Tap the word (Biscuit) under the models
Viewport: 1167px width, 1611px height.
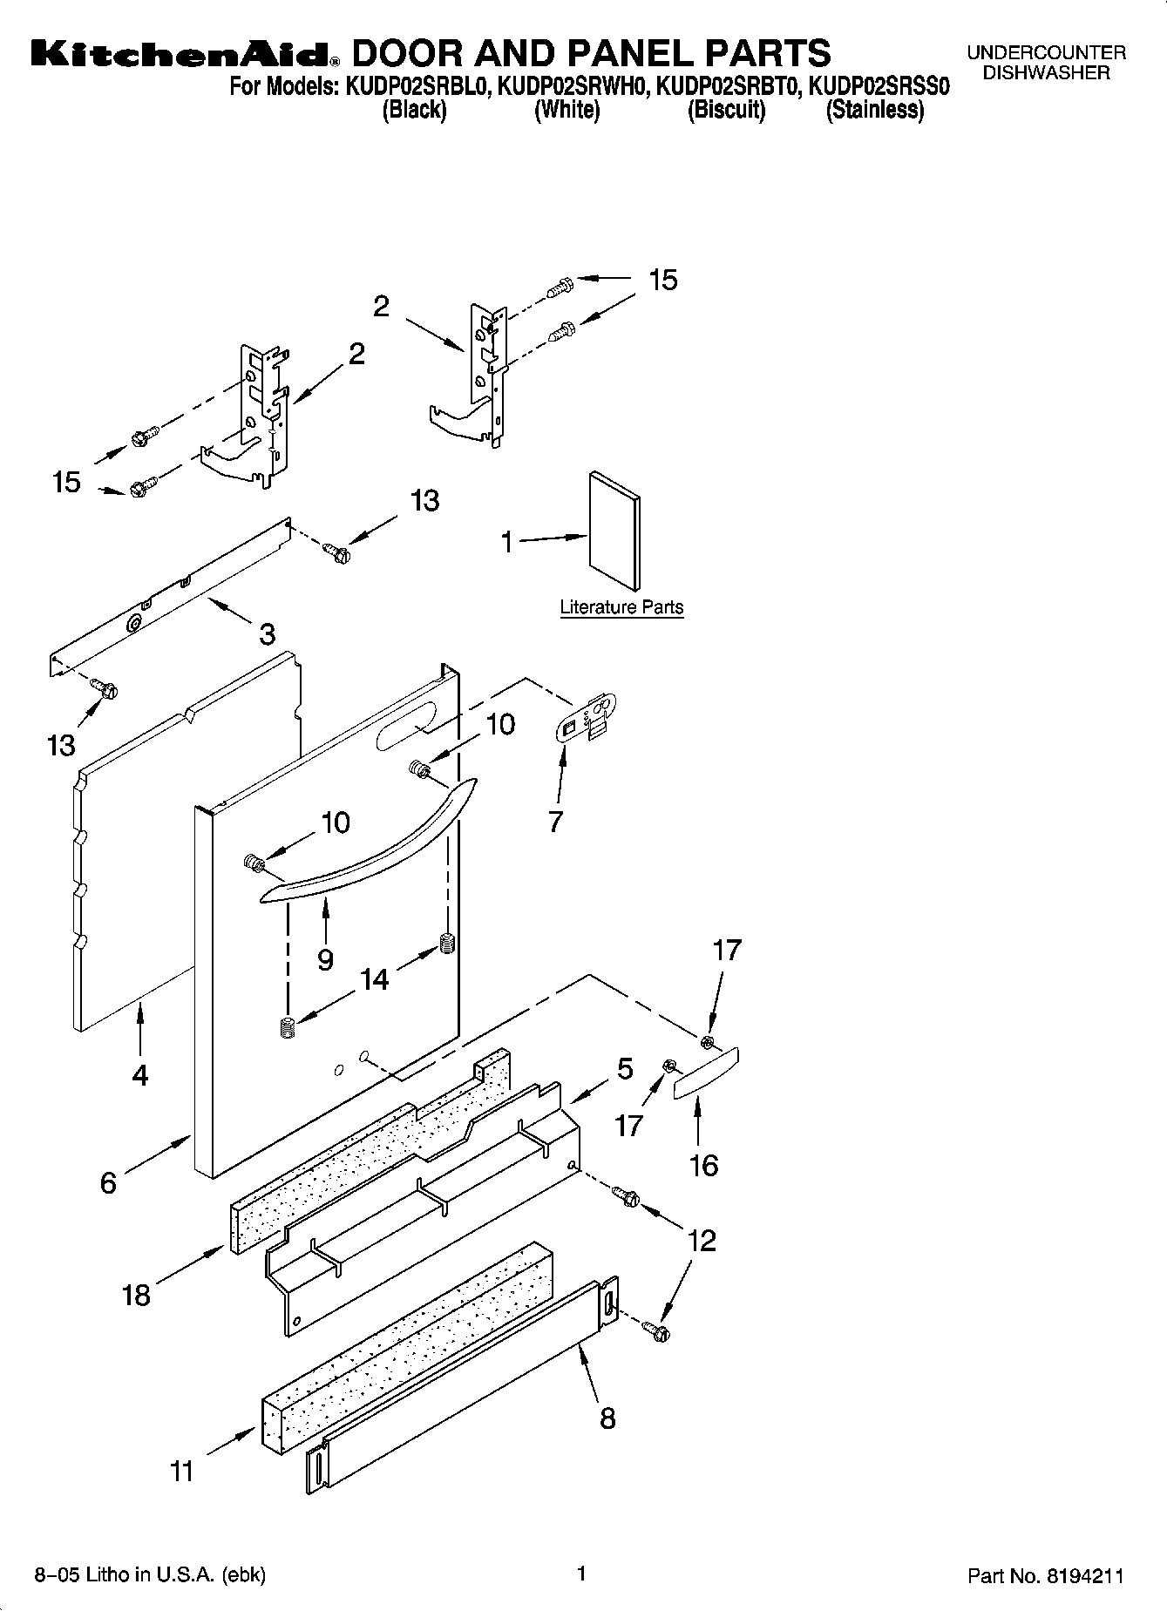[726, 111]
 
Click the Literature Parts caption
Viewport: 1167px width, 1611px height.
[621, 607]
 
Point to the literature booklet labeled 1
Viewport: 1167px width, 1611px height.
[614, 531]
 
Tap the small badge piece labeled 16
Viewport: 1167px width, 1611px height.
[707, 1073]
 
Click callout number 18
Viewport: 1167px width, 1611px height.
[137, 1295]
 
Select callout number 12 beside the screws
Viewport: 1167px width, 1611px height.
[702, 1240]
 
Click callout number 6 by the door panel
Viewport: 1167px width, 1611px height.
[108, 1182]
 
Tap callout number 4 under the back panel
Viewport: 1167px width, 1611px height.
[140, 1075]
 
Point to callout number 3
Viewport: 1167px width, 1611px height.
[267, 633]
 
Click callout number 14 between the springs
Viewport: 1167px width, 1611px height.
[374, 979]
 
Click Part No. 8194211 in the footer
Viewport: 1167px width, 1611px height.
[1045, 1576]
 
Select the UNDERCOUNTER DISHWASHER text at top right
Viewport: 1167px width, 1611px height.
[1046, 63]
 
